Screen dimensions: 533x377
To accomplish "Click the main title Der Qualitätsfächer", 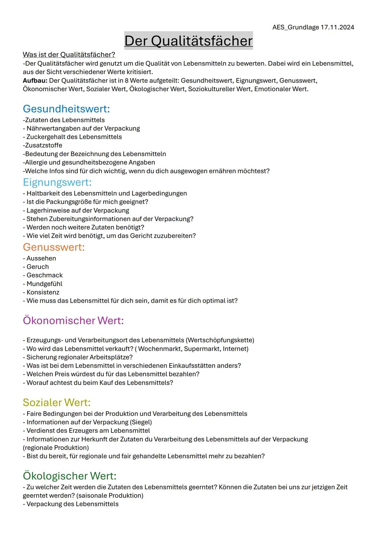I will tap(188, 41).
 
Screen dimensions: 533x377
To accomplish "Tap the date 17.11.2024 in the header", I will tap(337, 27).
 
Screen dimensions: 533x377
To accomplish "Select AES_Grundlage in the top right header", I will tap(295, 27).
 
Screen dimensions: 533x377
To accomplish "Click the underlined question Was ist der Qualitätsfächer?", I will tap(69, 55).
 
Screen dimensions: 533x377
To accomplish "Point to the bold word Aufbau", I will tap(35, 81).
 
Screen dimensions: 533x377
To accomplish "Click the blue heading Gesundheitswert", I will tap(66, 109).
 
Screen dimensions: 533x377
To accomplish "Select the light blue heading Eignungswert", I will tap(57, 182).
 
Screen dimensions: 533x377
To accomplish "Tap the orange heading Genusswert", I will tap(54, 247).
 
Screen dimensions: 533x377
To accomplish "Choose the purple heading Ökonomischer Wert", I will tap(73, 320).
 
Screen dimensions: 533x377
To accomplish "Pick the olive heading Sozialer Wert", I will tap(57, 402).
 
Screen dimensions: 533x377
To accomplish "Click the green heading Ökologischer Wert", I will tap(69, 476).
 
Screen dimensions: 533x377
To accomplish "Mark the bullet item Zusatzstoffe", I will tap(43, 146).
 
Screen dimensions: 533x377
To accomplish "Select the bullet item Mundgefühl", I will tap(44, 284).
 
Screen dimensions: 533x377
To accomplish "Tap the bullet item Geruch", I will tap(38, 267).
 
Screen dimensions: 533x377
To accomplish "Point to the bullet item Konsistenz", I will tap(43, 292).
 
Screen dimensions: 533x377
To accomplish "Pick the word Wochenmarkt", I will tap(160, 349).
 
